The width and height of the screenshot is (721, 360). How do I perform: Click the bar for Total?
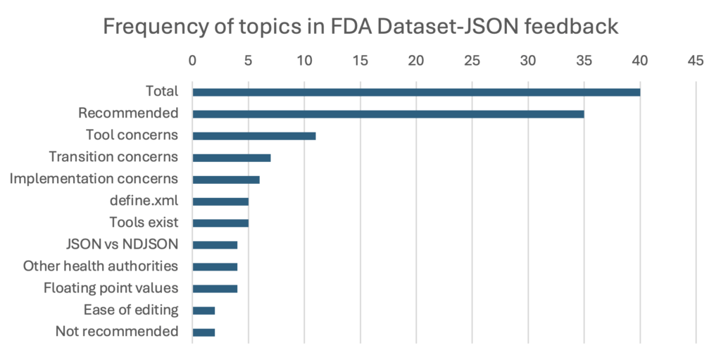(x=415, y=92)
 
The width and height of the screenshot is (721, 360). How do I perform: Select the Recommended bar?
(x=388, y=113)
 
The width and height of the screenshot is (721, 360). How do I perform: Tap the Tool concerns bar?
(x=253, y=135)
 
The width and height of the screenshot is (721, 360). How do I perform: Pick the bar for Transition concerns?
(x=231, y=157)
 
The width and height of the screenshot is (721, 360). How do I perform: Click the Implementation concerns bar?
(x=225, y=179)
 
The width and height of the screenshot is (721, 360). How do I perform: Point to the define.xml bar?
(x=220, y=201)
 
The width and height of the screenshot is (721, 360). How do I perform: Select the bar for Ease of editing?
(x=203, y=311)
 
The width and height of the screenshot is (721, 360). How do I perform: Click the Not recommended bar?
(x=203, y=333)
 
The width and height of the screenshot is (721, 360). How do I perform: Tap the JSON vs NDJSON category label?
(x=120, y=244)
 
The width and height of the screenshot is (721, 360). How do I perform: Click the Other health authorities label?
(x=100, y=266)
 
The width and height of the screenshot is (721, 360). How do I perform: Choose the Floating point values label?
(x=111, y=288)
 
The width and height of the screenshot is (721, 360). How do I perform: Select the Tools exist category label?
(x=144, y=223)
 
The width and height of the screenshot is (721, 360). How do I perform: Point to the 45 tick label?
(x=696, y=61)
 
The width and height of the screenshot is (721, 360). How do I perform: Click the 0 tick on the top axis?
(x=192, y=61)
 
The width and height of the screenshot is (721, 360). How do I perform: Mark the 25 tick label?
(x=472, y=61)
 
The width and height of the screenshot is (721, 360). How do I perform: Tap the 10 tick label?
(x=304, y=61)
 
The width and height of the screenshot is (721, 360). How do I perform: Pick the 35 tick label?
(x=584, y=61)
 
